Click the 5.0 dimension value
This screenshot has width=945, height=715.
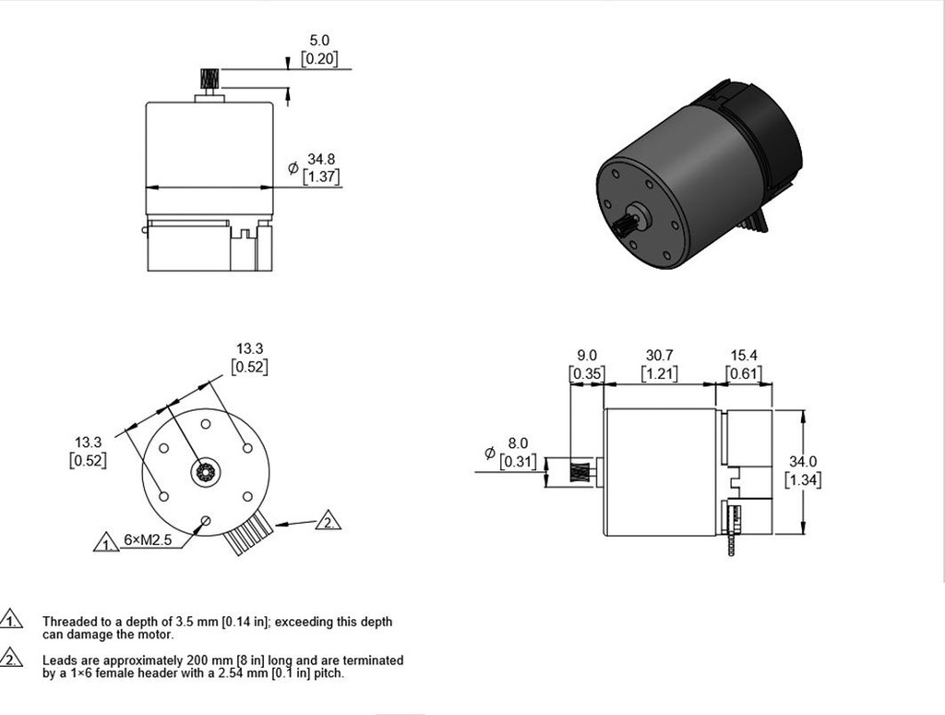[319, 41]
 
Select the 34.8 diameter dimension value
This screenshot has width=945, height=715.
[321, 159]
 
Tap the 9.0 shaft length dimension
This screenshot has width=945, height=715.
[586, 355]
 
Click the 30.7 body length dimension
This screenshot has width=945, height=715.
[659, 355]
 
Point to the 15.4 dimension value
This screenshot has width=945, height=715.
[743, 355]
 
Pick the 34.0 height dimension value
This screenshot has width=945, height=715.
[803, 461]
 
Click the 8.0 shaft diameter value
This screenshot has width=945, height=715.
[518, 443]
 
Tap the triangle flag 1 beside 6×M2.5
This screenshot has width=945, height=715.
[107, 542]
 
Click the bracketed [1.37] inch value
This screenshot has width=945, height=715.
[321, 176]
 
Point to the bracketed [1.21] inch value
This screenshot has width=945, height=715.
[660, 373]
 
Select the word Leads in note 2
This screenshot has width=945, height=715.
[59, 660]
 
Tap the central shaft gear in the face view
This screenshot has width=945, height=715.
[204, 474]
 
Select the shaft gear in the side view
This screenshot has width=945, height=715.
[578, 473]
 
